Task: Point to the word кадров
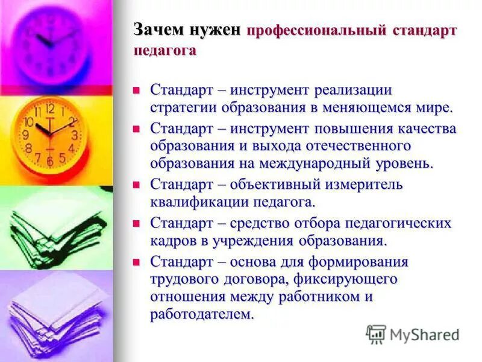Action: (173, 241)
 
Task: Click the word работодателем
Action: (202, 315)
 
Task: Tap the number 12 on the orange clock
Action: (51, 109)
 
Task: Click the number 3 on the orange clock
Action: (74, 135)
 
